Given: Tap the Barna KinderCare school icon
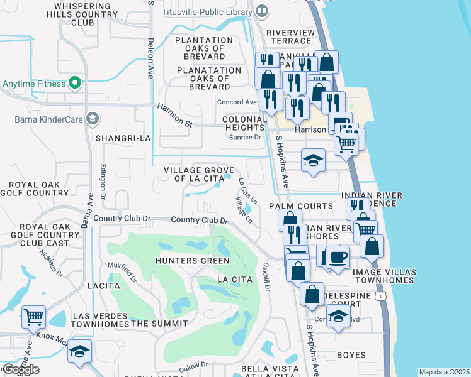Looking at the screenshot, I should [x=93, y=118].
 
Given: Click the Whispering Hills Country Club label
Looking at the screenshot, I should [x=74, y=14].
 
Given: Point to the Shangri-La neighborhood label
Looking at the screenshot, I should [x=123, y=138].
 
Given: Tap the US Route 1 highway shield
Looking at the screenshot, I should [x=380, y=295].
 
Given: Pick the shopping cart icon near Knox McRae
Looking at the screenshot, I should [x=33, y=317].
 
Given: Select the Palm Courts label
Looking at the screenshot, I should [x=301, y=206].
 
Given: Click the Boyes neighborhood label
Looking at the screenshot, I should [x=351, y=355].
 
